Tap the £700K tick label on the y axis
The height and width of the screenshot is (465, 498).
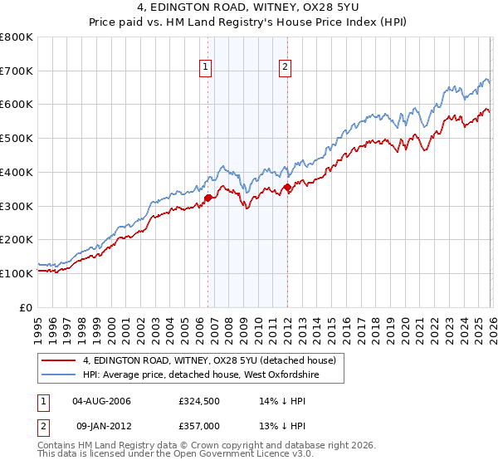tap(17, 71)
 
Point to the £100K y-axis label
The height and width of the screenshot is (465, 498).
tap(17, 273)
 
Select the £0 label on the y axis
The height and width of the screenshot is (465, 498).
tap(27, 307)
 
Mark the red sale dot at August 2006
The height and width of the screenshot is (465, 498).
tap(208, 198)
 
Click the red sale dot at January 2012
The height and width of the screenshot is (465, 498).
tap(287, 187)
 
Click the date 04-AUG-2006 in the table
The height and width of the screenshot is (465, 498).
tap(102, 402)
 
